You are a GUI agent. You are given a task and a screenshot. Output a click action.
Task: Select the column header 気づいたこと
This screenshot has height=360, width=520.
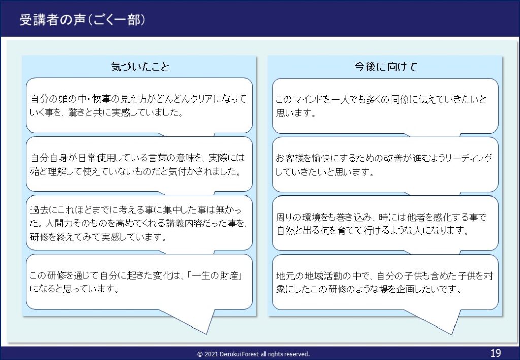click(140, 67)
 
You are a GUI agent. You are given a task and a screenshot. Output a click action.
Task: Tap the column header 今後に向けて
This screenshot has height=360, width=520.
click(385, 67)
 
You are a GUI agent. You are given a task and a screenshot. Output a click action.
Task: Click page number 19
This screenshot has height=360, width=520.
click(496, 353)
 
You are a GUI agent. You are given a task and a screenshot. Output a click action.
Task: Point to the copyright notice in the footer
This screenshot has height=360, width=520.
click(253, 354)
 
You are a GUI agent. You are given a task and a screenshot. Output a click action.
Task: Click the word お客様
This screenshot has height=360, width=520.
click(290, 158)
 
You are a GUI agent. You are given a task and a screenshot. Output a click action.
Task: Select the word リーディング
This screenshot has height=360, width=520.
click(468, 158)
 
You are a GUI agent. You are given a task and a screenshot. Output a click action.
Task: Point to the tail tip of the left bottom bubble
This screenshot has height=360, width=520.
click(207, 334)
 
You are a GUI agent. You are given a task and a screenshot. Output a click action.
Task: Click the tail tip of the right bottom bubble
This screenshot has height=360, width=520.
click(452, 334)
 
